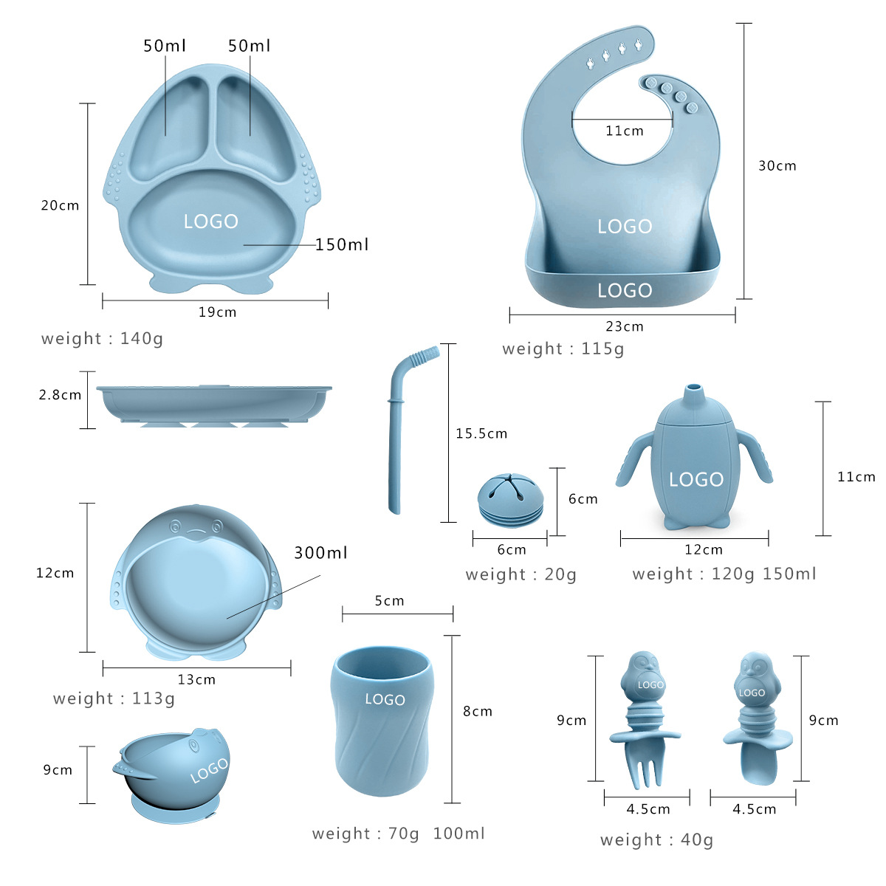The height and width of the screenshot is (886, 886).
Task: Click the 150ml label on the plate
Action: [341, 244]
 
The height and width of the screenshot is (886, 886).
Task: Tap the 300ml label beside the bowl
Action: [320, 553]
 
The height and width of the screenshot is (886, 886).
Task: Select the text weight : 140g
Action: [102, 339]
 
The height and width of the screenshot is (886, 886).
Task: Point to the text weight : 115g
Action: [563, 348]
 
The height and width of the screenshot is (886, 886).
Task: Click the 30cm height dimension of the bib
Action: [777, 166]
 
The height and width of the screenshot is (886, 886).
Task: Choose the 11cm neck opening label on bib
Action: [624, 131]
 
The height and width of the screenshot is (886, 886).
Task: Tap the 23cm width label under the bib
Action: [624, 326]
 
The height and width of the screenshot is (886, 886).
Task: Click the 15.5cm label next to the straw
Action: [481, 433]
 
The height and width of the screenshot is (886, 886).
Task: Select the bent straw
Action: [399, 428]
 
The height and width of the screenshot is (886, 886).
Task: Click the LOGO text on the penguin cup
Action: [696, 480]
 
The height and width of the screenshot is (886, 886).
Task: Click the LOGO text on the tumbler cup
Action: [385, 699]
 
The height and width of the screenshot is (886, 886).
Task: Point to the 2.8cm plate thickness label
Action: [60, 395]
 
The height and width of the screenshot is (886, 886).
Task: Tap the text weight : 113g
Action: [114, 698]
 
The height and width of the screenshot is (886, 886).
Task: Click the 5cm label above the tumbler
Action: [389, 601]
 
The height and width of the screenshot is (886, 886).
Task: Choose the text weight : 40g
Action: [656, 839]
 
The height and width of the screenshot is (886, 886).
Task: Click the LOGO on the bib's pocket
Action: [625, 290]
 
